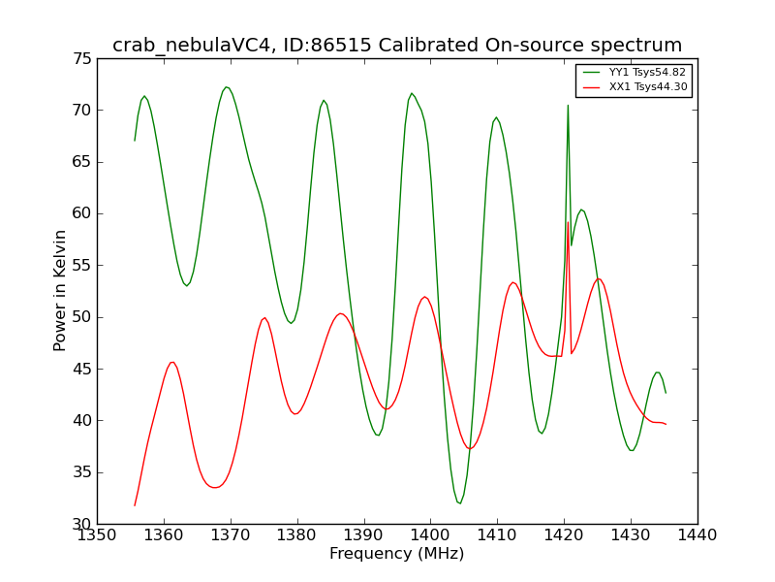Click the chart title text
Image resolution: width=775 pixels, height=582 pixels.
point(397,45)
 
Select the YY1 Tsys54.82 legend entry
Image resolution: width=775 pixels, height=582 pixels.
point(635,72)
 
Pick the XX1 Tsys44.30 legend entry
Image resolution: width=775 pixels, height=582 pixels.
point(635,86)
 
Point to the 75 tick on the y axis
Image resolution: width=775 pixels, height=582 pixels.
point(82,59)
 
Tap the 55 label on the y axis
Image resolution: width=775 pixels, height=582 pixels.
point(82,266)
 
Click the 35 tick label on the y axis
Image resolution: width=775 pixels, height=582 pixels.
point(82,472)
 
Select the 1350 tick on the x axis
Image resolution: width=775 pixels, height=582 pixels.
point(97,535)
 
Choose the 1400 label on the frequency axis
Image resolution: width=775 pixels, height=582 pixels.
point(430,535)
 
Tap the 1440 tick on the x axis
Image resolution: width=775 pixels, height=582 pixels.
point(697,535)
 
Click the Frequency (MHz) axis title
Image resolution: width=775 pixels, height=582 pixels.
point(397,553)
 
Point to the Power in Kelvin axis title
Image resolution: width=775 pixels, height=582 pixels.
point(60,291)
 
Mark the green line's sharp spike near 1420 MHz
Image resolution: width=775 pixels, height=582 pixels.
point(568,106)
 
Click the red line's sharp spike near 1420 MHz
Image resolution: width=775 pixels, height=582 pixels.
point(568,222)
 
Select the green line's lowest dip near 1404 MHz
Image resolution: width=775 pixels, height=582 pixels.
point(460,503)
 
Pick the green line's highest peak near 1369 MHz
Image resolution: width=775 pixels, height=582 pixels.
point(226,87)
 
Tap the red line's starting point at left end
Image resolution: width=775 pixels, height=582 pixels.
point(135,505)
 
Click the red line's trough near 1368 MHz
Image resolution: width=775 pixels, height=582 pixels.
point(215,488)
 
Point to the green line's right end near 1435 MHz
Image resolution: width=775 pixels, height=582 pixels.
point(666,393)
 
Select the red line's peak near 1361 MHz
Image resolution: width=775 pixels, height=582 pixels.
point(172,362)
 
